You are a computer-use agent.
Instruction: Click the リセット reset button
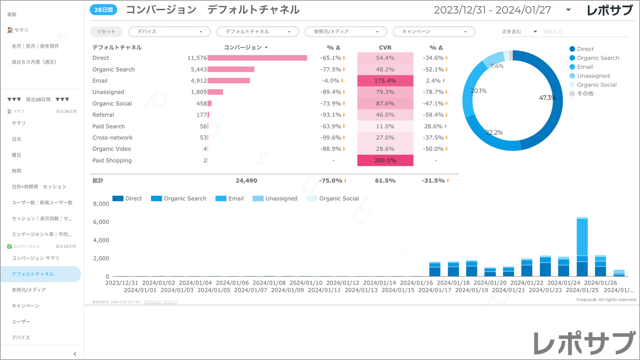(x=106, y=31)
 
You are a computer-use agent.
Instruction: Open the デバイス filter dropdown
(x=170, y=31)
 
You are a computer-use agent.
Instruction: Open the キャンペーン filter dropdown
(x=434, y=31)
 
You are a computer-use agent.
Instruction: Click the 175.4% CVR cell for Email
(x=385, y=81)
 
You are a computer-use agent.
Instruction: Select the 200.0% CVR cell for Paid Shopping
(x=385, y=160)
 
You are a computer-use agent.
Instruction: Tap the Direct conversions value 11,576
(x=197, y=58)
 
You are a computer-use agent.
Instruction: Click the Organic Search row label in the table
(x=113, y=70)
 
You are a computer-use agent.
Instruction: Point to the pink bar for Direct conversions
(x=257, y=58)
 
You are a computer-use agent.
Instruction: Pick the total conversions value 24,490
(x=246, y=181)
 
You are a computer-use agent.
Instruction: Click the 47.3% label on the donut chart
(x=547, y=97)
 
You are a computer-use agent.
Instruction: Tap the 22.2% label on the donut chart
(x=494, y=132)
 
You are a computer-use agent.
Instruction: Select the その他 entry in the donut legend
(x=585, y=93)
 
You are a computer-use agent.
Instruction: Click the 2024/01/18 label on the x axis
(x=455, y=283)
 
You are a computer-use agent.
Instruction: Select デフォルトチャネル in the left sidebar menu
(x=33, y=274)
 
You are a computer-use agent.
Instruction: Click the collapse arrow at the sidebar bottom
(x=75, y=354)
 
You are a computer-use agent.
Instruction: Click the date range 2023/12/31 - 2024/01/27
(x=493, y=10)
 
